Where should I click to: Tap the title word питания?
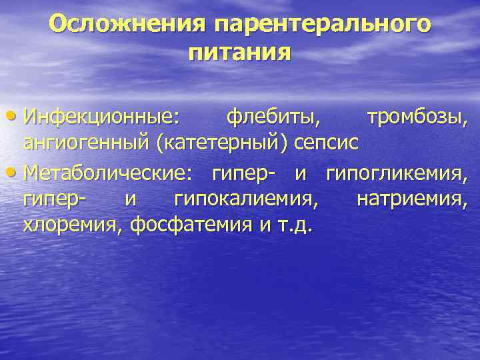pyautogui.click(x=240, y=51)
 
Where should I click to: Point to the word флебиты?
pyautogui.click(x=273, y=118)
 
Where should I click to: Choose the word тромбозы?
pyautogui.click(x=417, y=118)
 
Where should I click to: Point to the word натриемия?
pyautogui.click(x=412, y=198)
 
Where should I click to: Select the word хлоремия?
pyautogui.click(x=73, y=225)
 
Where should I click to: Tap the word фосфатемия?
pyautogui.click(x=189, y=225)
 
